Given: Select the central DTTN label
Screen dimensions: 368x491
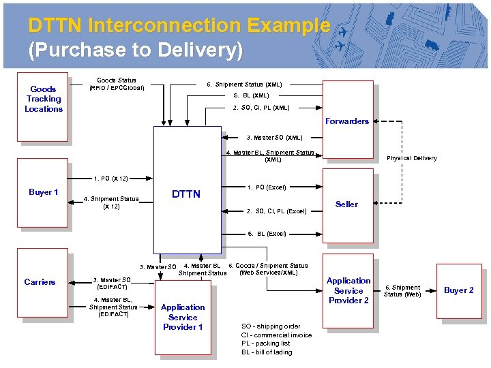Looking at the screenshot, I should click(186, 194).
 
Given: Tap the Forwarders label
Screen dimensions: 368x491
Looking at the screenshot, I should click(346, 121).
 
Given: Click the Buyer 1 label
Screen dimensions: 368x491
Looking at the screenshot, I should click(43, 192).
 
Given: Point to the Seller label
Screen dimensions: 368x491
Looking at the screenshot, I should click(346, 204).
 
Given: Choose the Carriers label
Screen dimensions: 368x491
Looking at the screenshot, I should click(40, 282).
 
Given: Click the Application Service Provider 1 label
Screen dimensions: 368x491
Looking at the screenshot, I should click(183, 317).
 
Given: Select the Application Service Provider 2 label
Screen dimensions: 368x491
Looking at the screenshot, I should click(348, 290).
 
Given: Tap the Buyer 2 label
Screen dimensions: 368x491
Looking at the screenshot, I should click(459, 290).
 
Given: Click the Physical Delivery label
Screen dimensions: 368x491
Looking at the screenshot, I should click(411, 158).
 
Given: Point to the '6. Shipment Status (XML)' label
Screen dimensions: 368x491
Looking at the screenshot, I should click(244, 85).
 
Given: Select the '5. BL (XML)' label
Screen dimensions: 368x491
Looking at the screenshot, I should click(251, 96).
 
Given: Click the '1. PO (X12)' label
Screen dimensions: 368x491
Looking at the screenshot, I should click(111, 178).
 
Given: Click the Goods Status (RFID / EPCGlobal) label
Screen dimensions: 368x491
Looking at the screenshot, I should click(117, 84).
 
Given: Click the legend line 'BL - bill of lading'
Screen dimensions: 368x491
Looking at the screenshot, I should click(267, 352).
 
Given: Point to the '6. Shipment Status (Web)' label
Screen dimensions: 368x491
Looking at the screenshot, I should click(402, 291).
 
